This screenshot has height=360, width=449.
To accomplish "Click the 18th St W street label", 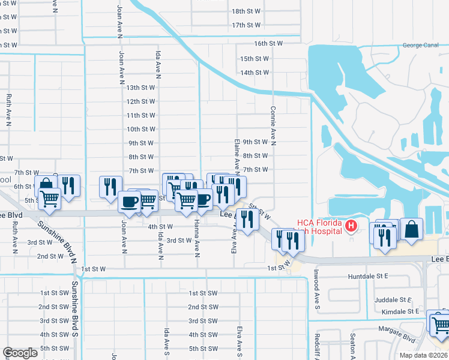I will (246, 11).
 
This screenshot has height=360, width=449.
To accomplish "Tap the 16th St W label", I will (268, 44).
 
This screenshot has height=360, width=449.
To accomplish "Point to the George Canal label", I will (421, 45).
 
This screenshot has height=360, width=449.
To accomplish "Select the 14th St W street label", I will (255, 73).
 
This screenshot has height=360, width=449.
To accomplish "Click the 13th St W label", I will (141, 88).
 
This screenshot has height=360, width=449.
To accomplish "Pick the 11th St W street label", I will (141, 115).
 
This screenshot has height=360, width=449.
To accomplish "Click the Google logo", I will (20, 353).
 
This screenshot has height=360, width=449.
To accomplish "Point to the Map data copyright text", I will (423, 355).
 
